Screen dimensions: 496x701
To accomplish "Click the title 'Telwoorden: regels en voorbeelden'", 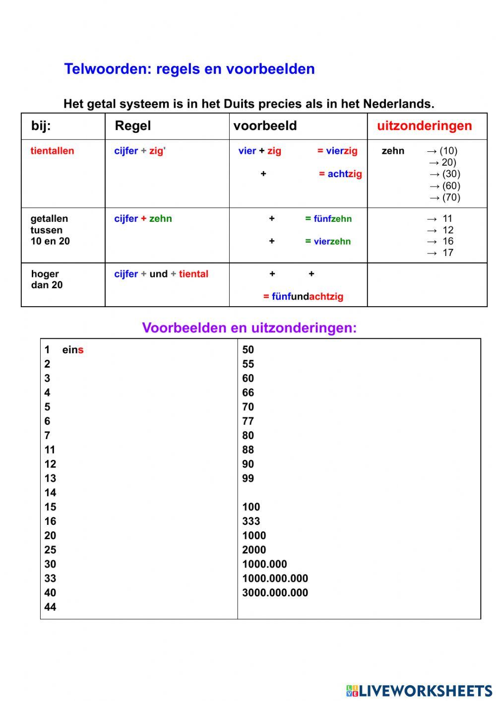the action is coord(189,69).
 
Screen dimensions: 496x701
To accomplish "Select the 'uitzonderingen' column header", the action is coord(424,126).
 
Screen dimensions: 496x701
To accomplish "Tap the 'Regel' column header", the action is coord(132,126).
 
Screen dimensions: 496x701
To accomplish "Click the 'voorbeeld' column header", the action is coord(265,126).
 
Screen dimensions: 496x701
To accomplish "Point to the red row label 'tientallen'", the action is coord(52,151).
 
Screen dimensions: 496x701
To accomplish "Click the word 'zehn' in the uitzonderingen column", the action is coord(393,151).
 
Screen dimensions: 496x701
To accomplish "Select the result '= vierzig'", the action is coord(337,151).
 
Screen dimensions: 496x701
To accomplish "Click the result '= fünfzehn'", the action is coord(328,219).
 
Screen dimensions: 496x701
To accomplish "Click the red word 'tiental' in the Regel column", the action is coord(193,274).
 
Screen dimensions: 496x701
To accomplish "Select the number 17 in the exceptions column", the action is coord(448,253).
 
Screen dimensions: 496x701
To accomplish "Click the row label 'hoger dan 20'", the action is coord(47,279).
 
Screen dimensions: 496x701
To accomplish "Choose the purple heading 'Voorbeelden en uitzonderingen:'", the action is coord(249,328).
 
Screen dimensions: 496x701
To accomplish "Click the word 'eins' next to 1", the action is coord(72,350).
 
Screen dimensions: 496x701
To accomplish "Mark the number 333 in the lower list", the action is coord(251,521).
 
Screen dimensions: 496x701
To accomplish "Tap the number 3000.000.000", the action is coord(275,592).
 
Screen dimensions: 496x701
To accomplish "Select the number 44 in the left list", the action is coord(50,607).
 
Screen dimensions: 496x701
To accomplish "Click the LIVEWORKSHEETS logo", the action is coord(419,691).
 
